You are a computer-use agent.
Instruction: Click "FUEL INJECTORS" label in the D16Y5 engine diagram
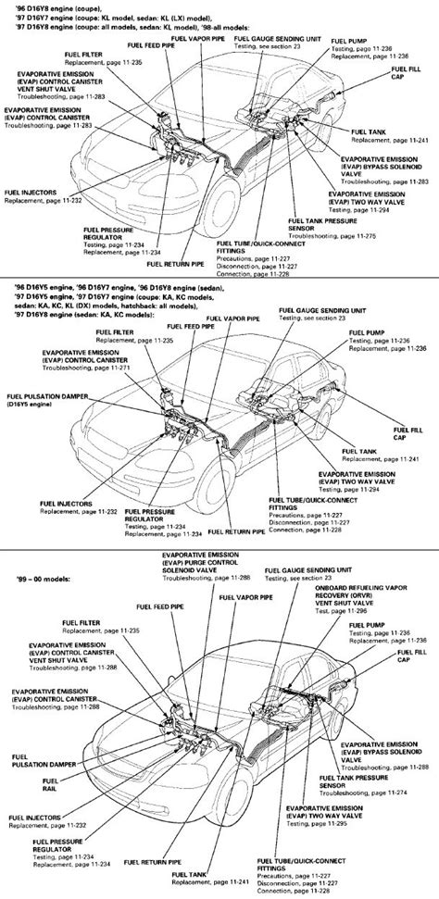[63, 504]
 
